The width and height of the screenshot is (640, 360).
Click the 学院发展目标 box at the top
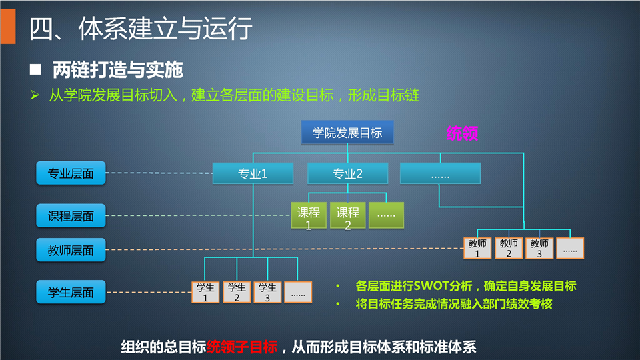(347, 132)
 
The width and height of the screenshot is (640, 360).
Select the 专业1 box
(253, 173)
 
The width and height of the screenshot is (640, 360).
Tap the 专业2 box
(347, 173)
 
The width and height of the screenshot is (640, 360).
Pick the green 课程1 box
(309, 215)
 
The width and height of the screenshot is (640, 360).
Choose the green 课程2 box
(347, 215)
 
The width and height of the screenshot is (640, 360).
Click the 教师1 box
(477, 248)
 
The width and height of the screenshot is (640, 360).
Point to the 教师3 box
(539, 248)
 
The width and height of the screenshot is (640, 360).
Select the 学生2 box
(237, 292)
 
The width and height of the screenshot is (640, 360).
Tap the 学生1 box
(205, 292)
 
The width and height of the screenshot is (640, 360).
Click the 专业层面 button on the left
(71, 173)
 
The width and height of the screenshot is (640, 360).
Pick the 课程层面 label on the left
(71, 215)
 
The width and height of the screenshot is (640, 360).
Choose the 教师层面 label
(71, 250)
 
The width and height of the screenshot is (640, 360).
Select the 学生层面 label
(71, 292)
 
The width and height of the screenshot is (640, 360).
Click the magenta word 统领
(462, 133)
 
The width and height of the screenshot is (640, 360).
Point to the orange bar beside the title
(8, 26)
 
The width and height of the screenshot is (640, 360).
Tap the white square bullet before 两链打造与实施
(35, 69)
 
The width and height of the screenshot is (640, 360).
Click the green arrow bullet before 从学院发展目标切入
(35, 95)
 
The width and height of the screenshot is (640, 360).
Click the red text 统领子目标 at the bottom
(242, 347)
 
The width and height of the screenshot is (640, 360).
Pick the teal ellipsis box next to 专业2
(441, 173)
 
